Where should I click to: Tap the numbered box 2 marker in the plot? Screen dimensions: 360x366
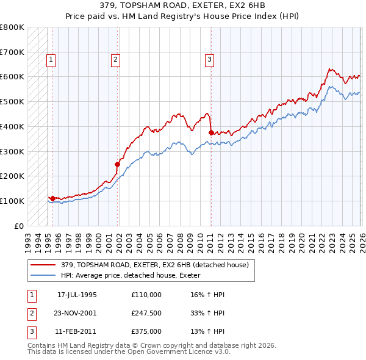[x=115, y=60]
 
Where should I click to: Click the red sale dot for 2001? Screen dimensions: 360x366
[x=117, y=164]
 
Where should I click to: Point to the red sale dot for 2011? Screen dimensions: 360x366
[x=211, y=132]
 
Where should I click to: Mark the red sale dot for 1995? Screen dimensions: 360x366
[x=53, y=198]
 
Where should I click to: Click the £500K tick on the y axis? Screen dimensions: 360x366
[x=12, y=101]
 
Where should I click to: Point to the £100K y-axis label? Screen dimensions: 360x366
[x=12, y=201]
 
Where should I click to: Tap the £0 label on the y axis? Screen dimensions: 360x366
[x=18, y=226]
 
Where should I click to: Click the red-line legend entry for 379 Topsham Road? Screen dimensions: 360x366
[x=154, y=265]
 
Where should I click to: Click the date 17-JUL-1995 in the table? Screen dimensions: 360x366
[x=77, y=295]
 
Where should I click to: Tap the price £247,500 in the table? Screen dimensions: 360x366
[x=146, y=313]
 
